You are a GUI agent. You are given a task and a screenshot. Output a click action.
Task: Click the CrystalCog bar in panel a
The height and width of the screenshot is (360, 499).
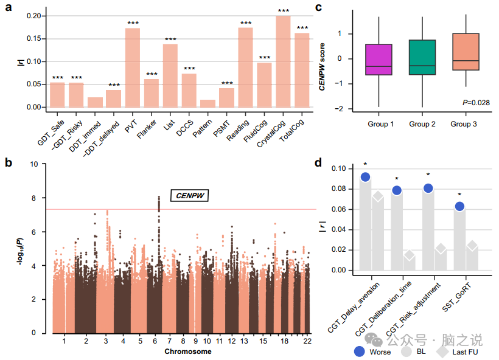283,61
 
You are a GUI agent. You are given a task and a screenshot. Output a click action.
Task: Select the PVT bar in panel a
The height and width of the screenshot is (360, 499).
133,67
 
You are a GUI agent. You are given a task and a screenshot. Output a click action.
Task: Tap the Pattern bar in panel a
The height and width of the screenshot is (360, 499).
208,103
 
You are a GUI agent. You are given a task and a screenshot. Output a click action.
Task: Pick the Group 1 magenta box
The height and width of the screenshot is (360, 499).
379,60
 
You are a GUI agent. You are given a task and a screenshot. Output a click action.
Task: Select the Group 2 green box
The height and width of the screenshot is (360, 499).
422,57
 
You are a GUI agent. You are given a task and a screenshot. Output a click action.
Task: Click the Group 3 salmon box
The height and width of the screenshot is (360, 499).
466,52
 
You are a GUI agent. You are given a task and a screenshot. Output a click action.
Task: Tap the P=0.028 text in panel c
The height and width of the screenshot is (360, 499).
476,103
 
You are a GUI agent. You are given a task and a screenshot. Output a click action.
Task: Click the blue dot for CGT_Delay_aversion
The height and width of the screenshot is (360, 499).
366,177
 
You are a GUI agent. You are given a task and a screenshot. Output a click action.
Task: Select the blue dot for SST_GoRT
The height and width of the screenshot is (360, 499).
459,206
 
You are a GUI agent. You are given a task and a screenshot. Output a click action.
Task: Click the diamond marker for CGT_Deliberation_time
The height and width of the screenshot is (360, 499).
409,256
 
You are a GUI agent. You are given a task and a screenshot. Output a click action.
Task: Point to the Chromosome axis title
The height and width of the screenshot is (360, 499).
188,352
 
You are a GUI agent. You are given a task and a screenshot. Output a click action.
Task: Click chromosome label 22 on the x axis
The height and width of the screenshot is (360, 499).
308,342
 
